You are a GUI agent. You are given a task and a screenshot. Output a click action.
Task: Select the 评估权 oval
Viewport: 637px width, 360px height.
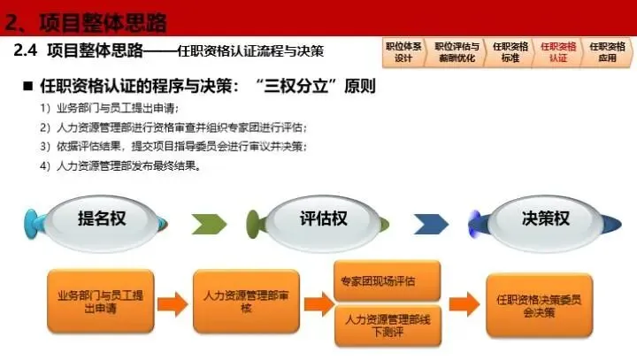pos(323,218)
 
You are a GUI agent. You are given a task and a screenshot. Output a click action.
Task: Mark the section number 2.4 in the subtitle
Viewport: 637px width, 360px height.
pos(28,51)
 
